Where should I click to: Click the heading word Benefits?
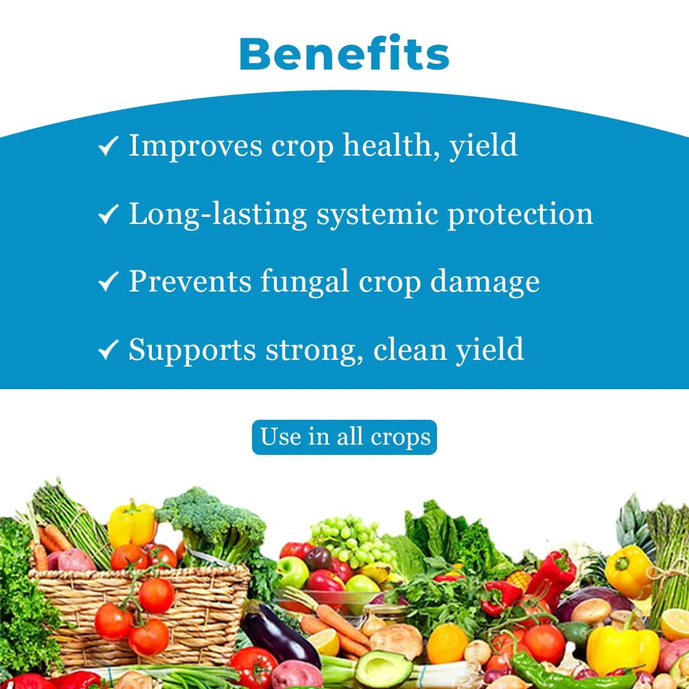tap(344, 54)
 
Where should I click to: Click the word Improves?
tap(195, 146)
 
